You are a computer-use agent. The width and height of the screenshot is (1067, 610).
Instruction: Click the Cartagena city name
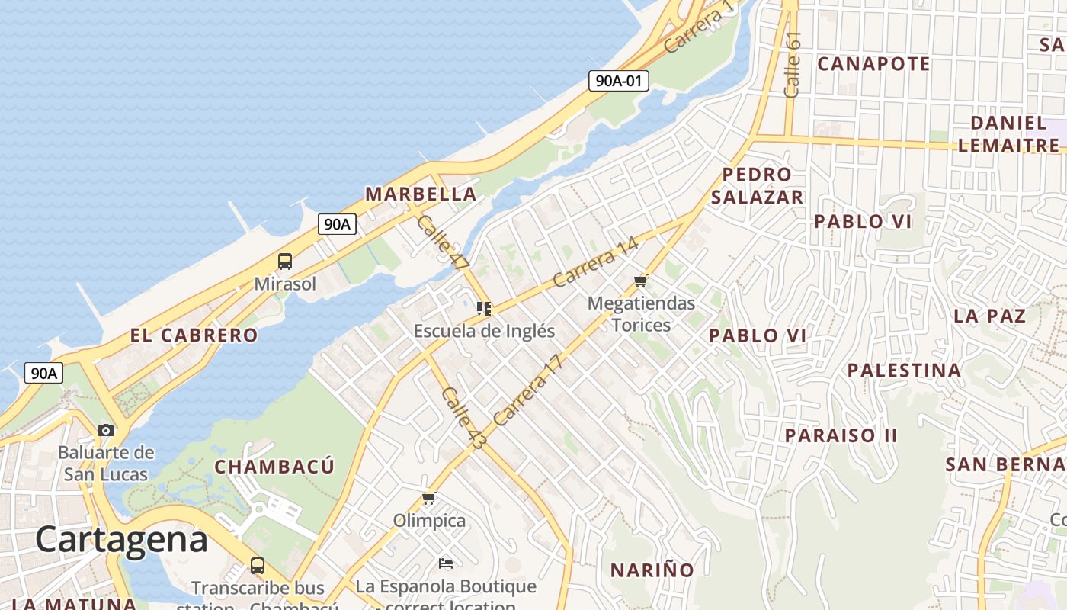[x=121, y=540]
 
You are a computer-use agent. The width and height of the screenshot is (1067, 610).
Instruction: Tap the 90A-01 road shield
[x=618, y=80]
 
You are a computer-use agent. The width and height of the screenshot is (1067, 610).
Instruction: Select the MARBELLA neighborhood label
[x=421, y=194]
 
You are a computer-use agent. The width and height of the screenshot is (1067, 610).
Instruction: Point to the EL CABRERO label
[x=194, y=335]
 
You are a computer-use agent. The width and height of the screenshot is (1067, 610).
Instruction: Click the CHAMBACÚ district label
[x=274, y=466]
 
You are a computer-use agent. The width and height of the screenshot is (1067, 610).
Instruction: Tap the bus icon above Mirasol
[x=284, y=262]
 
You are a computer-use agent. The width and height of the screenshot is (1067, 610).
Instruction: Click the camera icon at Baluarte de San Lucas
[x=106, y=430]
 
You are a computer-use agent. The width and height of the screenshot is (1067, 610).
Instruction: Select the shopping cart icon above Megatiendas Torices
[x=640, y=281]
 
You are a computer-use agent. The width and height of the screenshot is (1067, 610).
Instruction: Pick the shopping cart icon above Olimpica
[x=428, y=499]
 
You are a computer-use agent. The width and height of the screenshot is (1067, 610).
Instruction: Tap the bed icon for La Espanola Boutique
[x=446, y=563]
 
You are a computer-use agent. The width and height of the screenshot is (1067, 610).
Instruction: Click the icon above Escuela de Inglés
[x=483, y=309]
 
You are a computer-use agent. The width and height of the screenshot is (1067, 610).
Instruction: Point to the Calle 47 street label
[x=443, y=242]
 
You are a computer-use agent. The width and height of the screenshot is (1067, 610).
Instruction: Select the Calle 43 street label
[x=463, y=418]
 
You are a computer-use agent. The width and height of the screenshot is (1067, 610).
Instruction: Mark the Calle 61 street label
[x=793, y=64]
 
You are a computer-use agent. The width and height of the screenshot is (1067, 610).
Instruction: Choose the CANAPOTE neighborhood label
[x=873, y=63]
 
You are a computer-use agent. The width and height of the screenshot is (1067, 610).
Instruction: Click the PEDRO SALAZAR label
[x=757, y=186]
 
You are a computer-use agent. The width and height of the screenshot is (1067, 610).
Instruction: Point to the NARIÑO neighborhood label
[x=652, y=570]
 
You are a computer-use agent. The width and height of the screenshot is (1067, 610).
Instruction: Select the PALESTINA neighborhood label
[x=904, y=371]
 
